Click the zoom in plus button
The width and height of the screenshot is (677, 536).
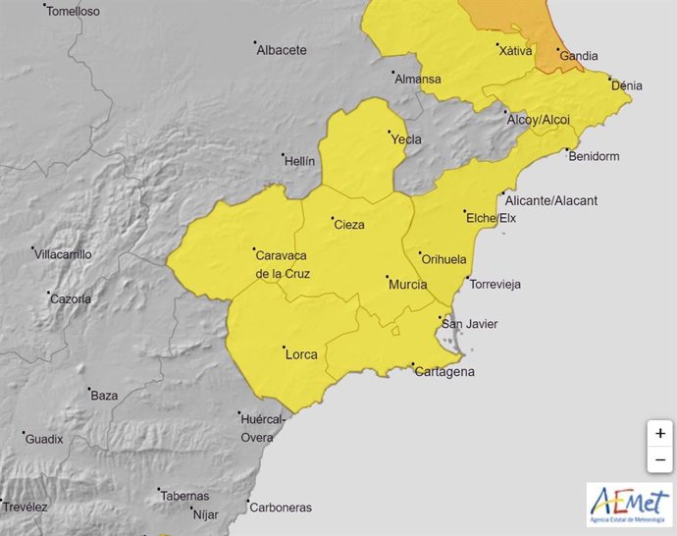coord(660,433)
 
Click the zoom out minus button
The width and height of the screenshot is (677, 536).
coord(660,458)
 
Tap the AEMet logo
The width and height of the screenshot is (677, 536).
coord(629,505)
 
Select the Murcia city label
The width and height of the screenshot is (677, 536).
coord(407,285)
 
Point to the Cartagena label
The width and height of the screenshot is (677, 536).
coord(444,371)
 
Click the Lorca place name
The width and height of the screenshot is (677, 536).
coord(300,354)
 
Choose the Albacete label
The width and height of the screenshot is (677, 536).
coord(282,50)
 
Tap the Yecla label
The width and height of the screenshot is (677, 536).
coord(406,139)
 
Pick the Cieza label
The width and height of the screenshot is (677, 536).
coord(349,225)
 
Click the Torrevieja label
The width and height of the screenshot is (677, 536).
coord(495,285)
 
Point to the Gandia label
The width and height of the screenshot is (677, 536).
coord(579,56)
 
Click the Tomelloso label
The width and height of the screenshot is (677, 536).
coord(73,12)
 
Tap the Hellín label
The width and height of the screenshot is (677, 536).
coord(299,161)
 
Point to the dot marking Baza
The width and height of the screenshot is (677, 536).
coord(89,389)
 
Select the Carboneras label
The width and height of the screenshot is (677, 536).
coord(281,508)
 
